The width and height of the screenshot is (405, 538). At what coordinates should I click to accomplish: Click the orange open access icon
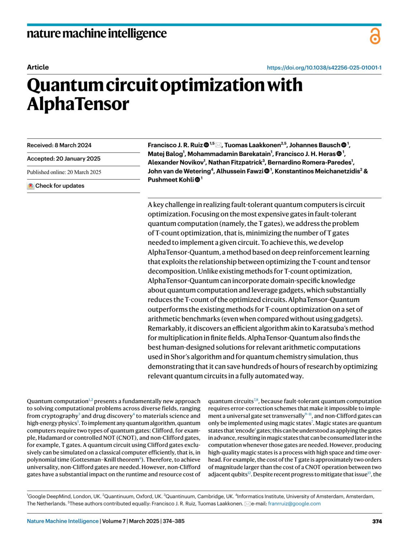coord(375,36)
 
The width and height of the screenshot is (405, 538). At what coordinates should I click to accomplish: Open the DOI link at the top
coord(324,68)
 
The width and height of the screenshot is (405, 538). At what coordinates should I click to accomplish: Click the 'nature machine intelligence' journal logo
coord(97,33)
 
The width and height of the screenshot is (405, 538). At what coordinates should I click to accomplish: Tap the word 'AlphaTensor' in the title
coord(78,104)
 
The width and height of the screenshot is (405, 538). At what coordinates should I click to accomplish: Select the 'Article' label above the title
coord(38,67)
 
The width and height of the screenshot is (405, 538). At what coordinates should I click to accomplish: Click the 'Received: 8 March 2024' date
coord(59,145)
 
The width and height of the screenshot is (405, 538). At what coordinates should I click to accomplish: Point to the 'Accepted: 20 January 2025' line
coord(63,159)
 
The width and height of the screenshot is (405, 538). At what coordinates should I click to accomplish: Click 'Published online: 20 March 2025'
coord(64,172)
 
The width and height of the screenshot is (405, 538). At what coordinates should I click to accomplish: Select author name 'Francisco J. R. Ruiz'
coord(175,145)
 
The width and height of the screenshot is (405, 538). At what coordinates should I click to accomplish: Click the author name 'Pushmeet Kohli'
coord(171,180)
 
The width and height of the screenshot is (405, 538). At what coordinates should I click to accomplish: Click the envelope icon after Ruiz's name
coord(218,145)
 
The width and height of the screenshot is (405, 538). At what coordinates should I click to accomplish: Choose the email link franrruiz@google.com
coord(294,504)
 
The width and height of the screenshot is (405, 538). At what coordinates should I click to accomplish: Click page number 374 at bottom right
coord(377,521)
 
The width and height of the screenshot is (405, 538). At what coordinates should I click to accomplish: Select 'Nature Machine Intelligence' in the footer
coord(63,521)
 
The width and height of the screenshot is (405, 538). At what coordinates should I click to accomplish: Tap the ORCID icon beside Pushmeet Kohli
coord(197,180)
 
